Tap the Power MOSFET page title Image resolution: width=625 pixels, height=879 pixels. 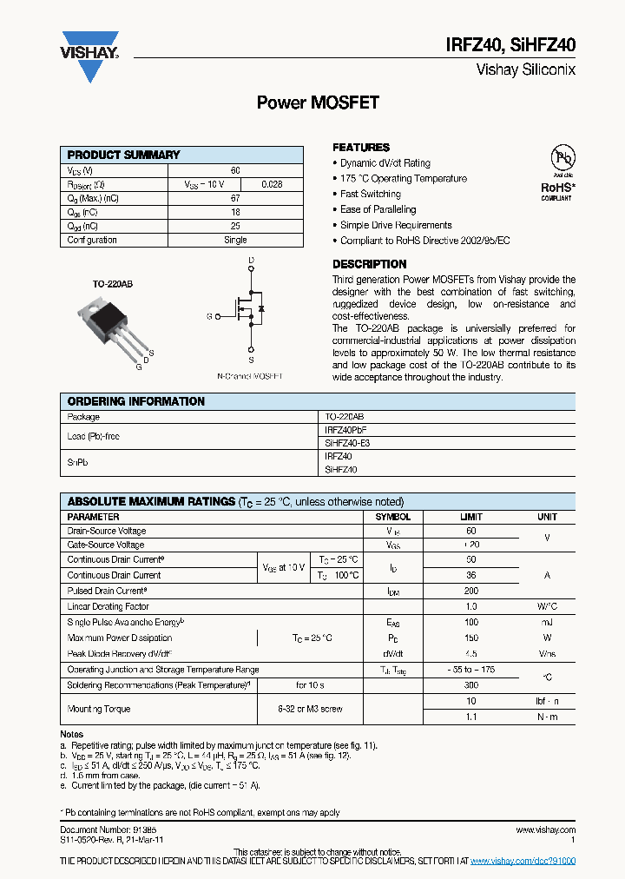click(318, 102)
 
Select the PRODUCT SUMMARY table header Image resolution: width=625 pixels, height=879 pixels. click(123, 155)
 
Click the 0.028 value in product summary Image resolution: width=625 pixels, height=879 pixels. click(272, 185)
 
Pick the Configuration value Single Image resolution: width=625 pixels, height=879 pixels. click(235, 240)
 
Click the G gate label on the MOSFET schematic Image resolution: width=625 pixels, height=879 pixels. click(209, 317)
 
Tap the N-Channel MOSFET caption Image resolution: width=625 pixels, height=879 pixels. click(250, 376)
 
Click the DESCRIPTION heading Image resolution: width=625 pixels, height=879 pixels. click(370, 264)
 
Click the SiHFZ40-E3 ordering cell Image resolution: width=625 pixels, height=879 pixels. click(347, 443)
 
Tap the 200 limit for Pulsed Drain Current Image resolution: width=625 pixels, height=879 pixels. click(470, 591)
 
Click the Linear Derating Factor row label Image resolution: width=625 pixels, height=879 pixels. click(109, 606)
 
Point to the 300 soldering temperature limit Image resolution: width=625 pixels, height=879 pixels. click(470, 685)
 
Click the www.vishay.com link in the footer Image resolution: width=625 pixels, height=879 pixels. click(544, 830)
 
